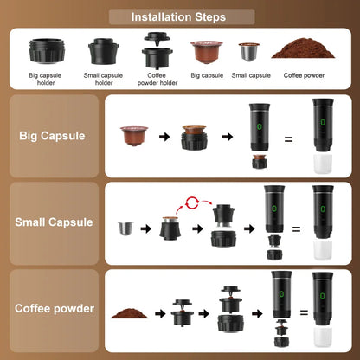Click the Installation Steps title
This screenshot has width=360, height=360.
pyautogui.click(x=179, y=16)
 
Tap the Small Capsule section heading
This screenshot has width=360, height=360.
pyautogui.click(x=54, y=222)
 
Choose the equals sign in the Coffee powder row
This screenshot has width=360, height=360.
pyautogui.click(x=296, y=316)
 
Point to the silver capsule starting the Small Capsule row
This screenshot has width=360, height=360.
pyautogui.click(x=126, y=229)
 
